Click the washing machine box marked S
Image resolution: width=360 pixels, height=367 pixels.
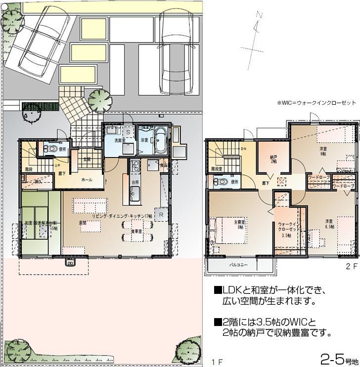128,132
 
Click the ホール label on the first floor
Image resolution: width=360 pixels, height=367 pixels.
87,180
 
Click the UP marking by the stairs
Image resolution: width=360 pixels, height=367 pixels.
58,165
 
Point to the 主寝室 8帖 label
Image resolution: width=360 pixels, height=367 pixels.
241,224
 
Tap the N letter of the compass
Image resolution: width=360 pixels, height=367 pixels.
258,16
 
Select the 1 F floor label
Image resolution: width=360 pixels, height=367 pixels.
216,362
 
